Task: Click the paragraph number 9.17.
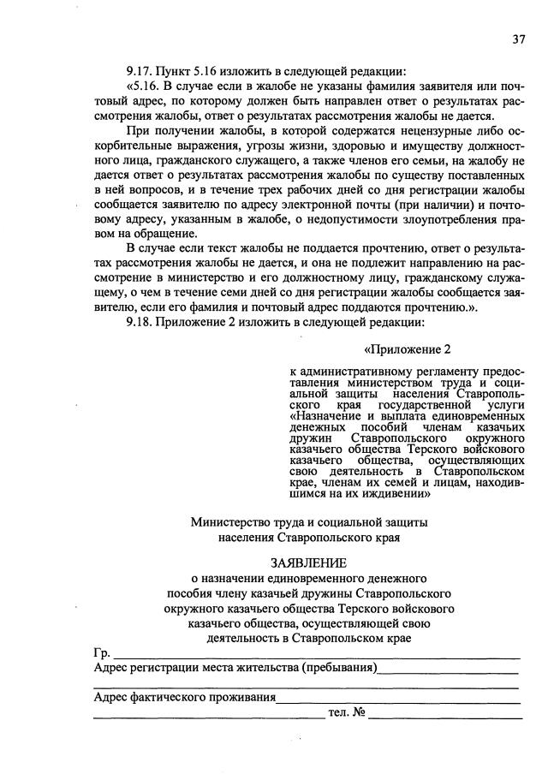[140, 71]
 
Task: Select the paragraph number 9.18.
[140, 323]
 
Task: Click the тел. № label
[347, 712]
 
